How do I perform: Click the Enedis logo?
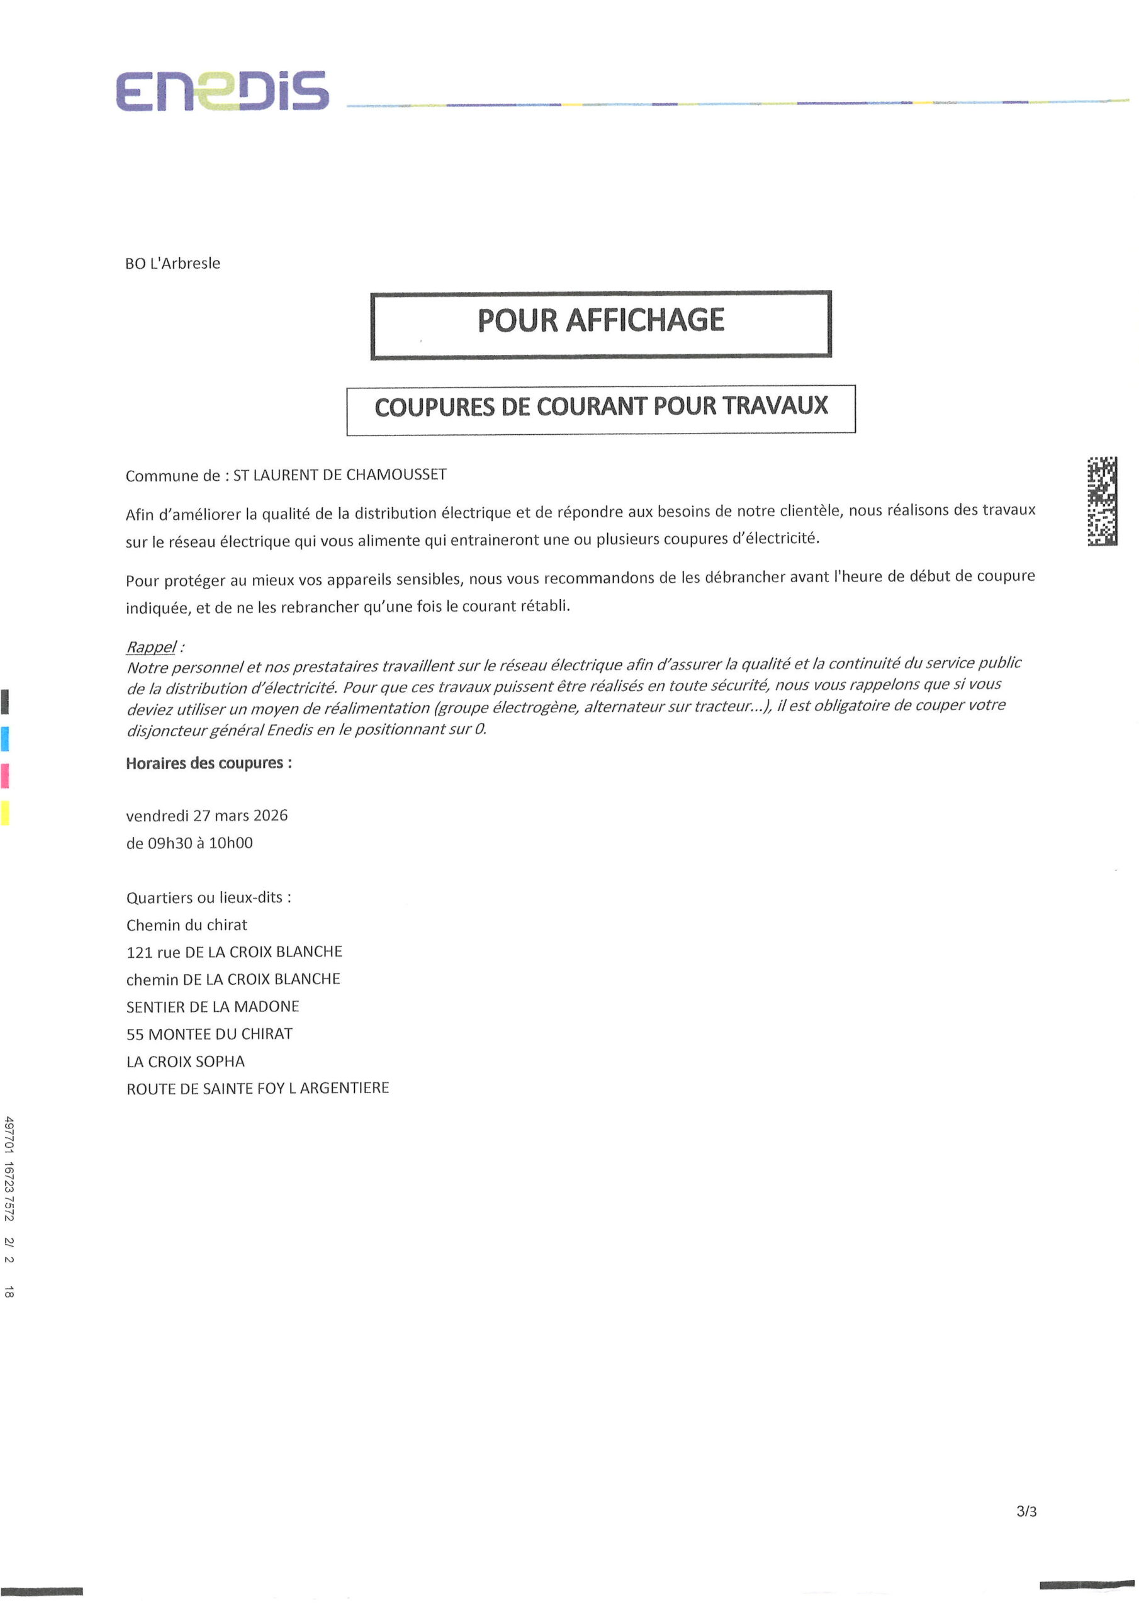[222, 91]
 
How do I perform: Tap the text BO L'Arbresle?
[172, 263]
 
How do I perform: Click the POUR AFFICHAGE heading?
[601, 321]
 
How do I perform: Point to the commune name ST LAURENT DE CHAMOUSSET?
[340, 475]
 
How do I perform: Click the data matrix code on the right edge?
[1102, 501]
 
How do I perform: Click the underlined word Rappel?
[151, 647]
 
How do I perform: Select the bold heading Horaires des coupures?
[208, 763]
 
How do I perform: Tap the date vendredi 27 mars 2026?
[207, 816]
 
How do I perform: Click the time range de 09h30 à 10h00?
[189, 843]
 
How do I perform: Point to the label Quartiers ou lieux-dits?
[208, 897]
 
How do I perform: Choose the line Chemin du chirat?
[187, 925]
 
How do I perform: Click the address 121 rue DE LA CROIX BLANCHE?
[234, 952]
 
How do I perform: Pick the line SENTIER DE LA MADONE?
[213, 1007]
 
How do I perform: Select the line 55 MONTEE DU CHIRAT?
[209, 1034]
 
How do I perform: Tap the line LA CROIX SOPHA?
[185, 1062]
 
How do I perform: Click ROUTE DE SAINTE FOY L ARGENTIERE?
[257, 1088]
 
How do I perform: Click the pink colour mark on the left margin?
[5, 776]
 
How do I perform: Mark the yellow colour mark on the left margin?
[5, 812]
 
